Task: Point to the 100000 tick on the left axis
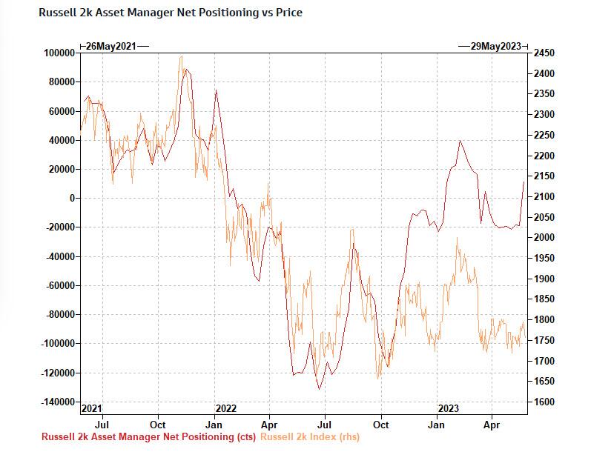[x=60, y=53]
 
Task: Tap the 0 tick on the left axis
[x=72, y=199]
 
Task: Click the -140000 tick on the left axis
[x=58, y=402]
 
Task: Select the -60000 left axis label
[x=60, y=285]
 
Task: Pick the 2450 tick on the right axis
[x=544, y=53]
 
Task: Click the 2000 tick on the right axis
[x=544, y=238]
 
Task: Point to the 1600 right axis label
[x=544, y=402]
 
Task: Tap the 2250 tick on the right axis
[x=544, y=136]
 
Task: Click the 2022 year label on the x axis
[x=225, y=408]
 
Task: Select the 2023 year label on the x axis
[x=448, y=408]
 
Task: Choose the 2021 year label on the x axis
[x=90, y=408]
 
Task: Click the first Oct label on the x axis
[x=157, y=425]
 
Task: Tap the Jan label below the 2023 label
[x=437, y=425]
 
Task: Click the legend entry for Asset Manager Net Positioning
[x=149, y=437]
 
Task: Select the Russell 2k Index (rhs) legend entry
[x=309, y=437]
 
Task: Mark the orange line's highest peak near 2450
[x=181, y=56]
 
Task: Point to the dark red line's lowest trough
[x=320, y=389]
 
